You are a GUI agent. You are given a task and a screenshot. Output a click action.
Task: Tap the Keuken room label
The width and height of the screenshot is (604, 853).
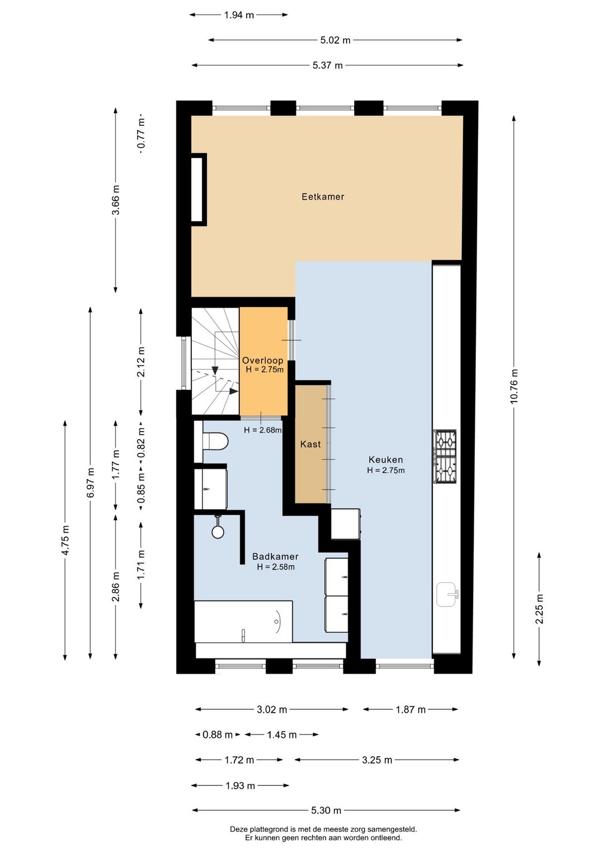tap(386, 459)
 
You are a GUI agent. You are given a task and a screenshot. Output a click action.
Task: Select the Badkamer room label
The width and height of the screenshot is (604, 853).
tap(275, 557)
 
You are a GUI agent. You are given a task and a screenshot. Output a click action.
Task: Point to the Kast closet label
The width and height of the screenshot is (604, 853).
tap(310, 444)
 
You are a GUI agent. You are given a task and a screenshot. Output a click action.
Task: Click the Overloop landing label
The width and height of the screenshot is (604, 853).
tap(262, 360)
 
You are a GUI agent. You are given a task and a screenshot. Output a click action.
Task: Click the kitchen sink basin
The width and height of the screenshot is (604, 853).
tap(447, 594)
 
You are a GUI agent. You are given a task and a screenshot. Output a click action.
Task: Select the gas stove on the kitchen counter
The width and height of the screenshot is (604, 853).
tap(445, 457)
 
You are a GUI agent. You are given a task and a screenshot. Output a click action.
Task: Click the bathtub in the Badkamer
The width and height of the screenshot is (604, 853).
tap(243, 622)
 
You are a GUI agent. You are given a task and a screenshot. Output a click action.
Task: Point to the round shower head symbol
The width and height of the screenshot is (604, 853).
tap(218, 532)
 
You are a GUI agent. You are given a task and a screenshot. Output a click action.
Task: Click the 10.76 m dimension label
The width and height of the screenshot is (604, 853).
tap(514, 386)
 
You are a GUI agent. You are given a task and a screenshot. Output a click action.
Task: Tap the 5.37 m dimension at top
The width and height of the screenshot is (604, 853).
tap(328, 65)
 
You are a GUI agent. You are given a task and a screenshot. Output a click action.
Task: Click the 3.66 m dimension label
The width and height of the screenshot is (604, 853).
tap(115, 200)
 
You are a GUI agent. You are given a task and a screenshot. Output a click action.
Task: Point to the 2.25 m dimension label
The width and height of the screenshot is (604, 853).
tap(539, 609)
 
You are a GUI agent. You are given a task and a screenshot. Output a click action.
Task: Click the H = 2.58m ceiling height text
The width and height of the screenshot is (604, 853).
tap(276, 567)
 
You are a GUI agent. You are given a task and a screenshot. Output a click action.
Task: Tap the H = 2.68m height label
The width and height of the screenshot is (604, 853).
tap(262, 430)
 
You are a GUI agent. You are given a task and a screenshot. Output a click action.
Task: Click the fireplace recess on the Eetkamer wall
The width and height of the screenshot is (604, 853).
tap(199, 189)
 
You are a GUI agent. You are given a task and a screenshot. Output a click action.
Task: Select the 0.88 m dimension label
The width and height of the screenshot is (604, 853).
tap(218, 734)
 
